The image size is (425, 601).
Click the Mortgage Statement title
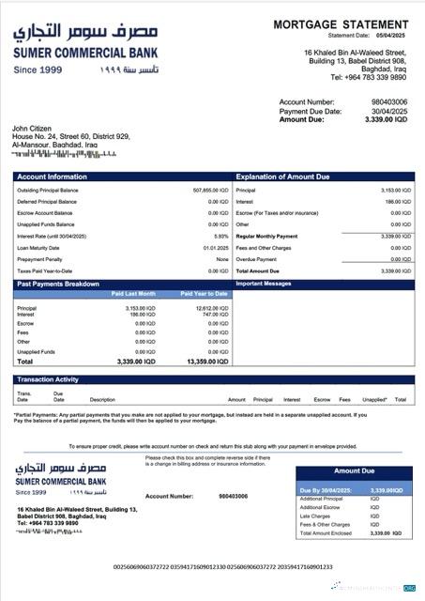click(x=342, y=24)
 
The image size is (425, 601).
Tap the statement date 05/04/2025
click(x=393, y=35)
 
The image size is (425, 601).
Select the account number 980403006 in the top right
click(x=388, y=101)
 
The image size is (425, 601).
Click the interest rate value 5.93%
click(x=221, y=237)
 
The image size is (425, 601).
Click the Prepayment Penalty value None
click(x=222, y=259)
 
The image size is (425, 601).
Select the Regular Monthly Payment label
click(x=266, y=237)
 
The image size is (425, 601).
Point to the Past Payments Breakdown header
click(x=57, y=283)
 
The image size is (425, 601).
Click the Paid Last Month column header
click(x=135, y=294)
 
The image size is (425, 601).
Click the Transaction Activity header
click(x=48, y=379)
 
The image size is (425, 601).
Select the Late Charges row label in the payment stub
click(x=316, y=516)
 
